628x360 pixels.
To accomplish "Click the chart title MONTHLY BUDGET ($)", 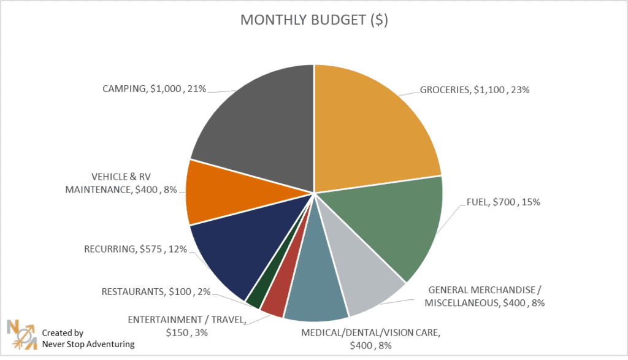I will tap(314, 20).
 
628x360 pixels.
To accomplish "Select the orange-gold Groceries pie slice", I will tap(374, 129).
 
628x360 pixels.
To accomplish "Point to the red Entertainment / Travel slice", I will tap(275, 301).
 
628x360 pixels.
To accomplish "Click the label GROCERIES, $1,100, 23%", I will tap(474, 90).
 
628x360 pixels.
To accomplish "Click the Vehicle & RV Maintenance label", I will tap(121, 184).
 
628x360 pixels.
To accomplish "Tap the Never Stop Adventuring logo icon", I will tap(21, 334).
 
